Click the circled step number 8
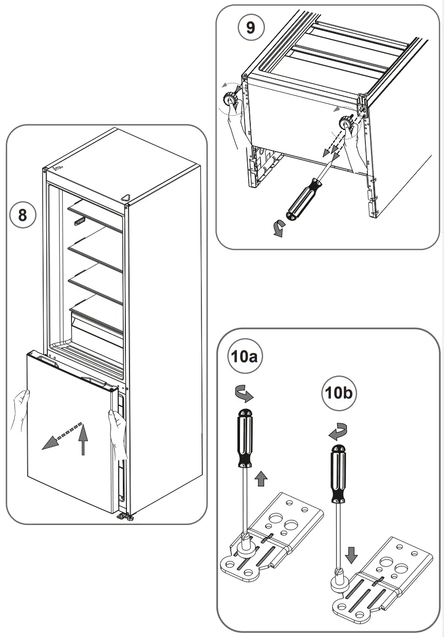coord(23,214)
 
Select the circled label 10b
coord(339,394)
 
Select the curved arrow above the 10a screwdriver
coord(242,394)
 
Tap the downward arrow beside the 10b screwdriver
coord(351,554)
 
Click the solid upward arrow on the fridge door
coord(83,440)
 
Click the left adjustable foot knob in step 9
coord(229,99)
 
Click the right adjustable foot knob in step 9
coord(344,124)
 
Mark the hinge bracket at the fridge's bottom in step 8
coord(124,515)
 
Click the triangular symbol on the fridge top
coord(126,197)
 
